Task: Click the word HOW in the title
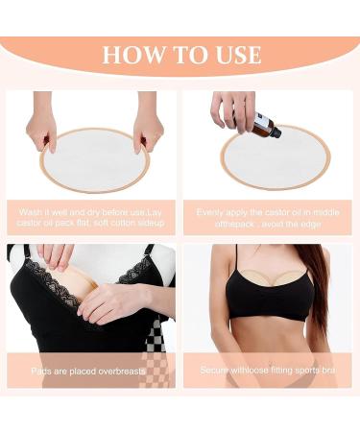tap(130, 54)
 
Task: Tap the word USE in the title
tap(231, 54)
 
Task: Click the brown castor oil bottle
tap(265, 125)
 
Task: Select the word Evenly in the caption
tap(214, 211)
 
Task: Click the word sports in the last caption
tap(305, 369)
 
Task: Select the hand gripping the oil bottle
tap(234, 108)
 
